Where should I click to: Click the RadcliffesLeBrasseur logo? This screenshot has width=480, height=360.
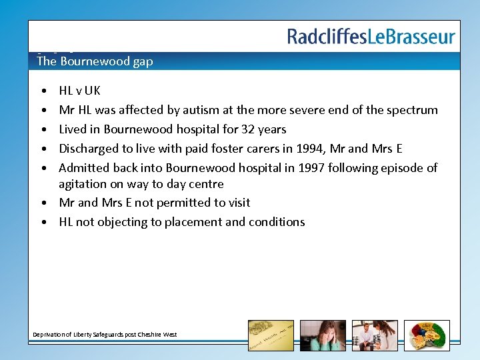(371, 37)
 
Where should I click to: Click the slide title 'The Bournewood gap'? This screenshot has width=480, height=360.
(95, 61)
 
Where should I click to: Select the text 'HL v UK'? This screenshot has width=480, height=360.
(79, 91)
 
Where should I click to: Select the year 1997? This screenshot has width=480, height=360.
(287, 167)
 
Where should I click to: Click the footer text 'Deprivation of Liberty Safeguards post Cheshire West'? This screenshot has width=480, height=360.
(105, 334)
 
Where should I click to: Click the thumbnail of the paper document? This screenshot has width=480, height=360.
(271, 335)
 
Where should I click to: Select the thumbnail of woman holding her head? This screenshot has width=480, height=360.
(323, 335)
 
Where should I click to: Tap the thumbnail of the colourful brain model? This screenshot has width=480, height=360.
(427, 335)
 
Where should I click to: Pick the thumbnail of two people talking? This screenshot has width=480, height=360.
(375, 335)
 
